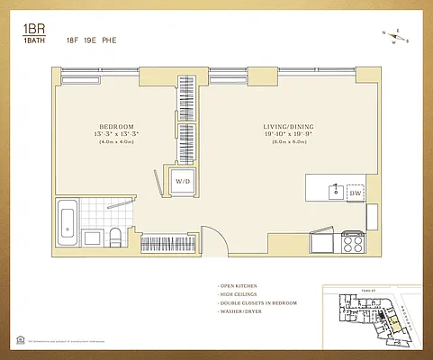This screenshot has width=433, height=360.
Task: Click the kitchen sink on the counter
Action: click(335, 191)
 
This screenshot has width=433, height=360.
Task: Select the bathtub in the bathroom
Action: click(67, 223)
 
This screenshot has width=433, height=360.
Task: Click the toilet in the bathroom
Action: click(114, 238)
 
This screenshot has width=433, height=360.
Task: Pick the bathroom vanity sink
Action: click(93, 238)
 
